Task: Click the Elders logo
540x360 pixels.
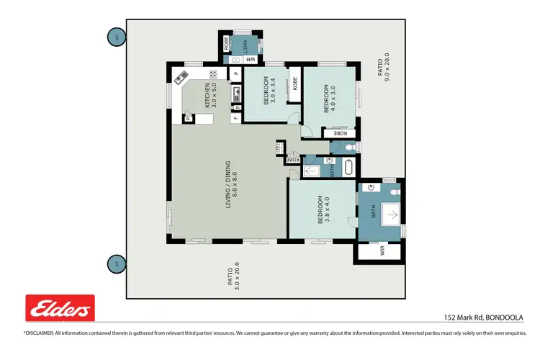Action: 60,309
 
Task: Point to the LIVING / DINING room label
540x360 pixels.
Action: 230,184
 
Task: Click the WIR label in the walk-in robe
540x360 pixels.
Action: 383,251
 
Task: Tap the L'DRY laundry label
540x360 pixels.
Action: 244,45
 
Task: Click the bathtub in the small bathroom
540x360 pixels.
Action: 349,168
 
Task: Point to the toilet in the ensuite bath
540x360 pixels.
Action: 393,192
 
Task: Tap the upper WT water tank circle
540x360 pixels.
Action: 114,36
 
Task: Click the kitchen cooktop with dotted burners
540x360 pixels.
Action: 214,74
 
